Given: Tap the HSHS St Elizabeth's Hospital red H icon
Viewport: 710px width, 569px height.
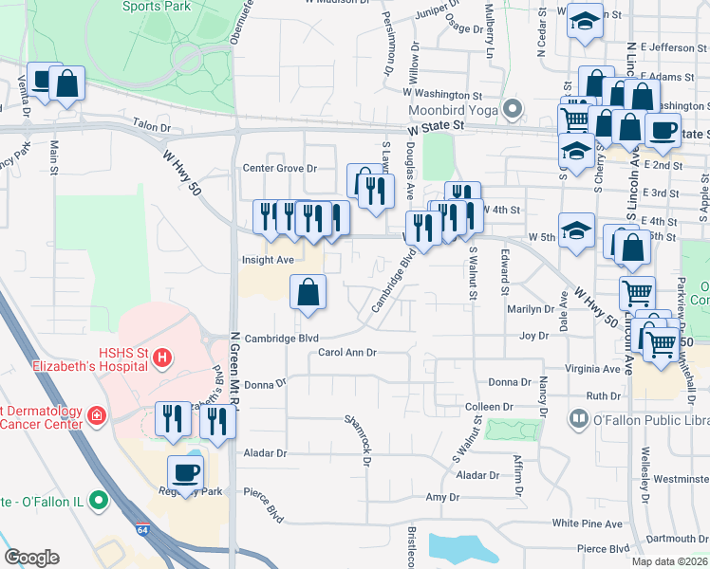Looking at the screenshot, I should pos(162,358).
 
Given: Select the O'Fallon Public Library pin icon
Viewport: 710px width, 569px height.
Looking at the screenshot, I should pos(578,418).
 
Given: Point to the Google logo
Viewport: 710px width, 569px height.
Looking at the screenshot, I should pos(31,558).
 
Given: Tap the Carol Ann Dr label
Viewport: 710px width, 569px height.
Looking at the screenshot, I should pos(347,352).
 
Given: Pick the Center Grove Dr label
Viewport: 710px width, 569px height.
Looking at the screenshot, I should pos(279,169).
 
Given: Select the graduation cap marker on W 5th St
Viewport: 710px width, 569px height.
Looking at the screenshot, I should pos(576,230).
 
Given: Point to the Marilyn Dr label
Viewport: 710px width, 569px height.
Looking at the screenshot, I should pos(531,309).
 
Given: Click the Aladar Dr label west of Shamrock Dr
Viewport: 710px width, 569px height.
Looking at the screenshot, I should pos(265,453).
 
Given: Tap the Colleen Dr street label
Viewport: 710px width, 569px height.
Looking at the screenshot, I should pos(489,407).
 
